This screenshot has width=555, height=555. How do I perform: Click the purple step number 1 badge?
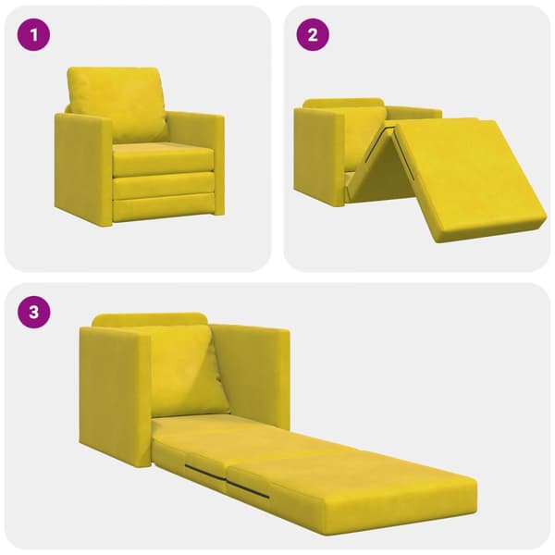click(33, 35)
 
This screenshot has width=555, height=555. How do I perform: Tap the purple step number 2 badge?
click(313, 35)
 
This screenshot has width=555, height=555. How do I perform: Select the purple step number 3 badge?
click(33, 313)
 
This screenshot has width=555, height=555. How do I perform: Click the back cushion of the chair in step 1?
click(117, 103)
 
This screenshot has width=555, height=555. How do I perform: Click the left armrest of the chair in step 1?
click(83, 166)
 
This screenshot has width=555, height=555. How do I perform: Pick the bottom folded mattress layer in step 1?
click(164, 210)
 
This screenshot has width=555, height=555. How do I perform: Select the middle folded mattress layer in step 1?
click(164, 184)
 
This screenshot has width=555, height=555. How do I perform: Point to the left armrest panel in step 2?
click(318, 155)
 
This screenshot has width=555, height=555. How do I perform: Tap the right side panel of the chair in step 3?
click(252, 376)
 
